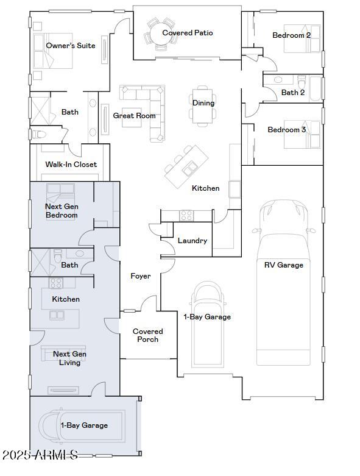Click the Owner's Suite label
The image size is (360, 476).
(71, 46)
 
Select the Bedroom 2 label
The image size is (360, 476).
(291, 35)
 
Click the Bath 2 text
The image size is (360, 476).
(293, 93)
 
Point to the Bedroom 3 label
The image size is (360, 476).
(287, 130)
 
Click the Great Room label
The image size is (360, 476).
(134, 116)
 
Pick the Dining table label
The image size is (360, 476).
(203, 103)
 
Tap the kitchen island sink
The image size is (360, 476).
(191, 166)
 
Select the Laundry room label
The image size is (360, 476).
(192, 241)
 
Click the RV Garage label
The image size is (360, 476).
(283, 265)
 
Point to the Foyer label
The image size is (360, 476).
(141, 276)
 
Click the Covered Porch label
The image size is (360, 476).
(148, 336)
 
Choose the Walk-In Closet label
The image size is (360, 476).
(71, 165)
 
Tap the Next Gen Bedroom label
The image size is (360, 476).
(62, 211)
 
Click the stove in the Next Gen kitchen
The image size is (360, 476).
(56, 283)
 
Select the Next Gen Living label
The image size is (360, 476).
(69, 358)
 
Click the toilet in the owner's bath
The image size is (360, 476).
(38, 134)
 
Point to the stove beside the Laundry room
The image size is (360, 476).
(186, 215)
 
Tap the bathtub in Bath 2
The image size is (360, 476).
(316, 88)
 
